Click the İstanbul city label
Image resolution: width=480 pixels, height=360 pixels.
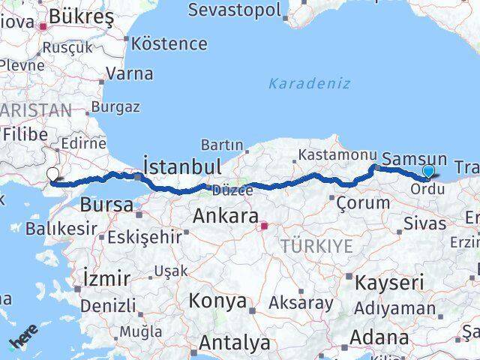(x=181, y=166)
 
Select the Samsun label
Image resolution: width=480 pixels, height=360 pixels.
(x=414, y=159)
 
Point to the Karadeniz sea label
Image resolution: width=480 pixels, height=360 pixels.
(x=309, y=82)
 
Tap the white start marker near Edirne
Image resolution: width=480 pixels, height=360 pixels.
(x=52, y=175)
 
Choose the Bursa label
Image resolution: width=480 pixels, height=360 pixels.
(x=106, y=204)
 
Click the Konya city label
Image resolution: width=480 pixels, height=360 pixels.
(x=218, y=301)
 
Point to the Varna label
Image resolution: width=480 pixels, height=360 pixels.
(x=130, y=73)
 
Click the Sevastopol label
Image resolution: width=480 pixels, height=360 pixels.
(x=235, y=10)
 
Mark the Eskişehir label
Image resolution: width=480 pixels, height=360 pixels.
(x=145, y=237)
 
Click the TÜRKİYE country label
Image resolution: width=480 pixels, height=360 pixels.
(x=316, y=245)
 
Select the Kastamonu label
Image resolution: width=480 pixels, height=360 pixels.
(x=337, y=154)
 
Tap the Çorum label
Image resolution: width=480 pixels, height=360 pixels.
(x=363, y=202)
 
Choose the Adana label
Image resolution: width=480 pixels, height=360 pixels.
(x=379, y=337)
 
